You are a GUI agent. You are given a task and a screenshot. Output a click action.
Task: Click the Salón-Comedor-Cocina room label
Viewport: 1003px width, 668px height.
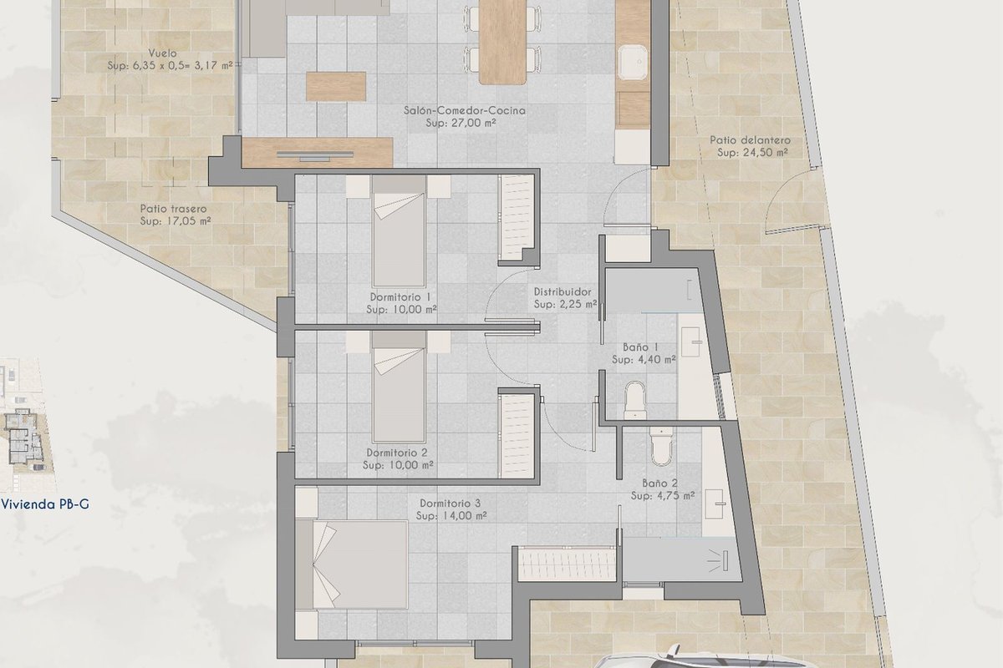(x=465, y=110)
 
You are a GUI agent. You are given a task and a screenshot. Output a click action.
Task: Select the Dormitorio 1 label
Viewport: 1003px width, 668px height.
(x=401, y=296)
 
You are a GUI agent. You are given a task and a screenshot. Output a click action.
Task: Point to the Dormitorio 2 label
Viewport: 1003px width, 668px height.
(x=398, y=453)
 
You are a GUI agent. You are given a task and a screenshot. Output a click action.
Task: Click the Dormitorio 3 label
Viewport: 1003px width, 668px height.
(x=451, y=504)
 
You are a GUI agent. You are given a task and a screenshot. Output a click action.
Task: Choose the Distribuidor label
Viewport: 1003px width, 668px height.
(x=563, y=291)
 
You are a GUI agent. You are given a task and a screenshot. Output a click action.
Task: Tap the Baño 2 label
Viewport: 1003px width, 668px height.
(x=660, y=483)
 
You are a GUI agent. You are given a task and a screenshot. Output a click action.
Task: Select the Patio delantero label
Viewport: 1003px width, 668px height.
(x=751, y=140)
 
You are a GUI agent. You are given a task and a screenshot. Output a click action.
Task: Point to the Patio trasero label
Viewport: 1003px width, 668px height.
(x=173, y=209)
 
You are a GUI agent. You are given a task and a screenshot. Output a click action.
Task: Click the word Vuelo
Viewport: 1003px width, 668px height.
(x=162, y=53)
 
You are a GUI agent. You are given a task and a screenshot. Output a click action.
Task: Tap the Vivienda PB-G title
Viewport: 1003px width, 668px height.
(x=45, y=504)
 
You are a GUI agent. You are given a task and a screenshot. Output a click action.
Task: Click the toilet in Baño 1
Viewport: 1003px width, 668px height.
(x=634, y=399)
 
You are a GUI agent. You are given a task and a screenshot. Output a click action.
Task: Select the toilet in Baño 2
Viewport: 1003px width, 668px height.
(x=661, y=446)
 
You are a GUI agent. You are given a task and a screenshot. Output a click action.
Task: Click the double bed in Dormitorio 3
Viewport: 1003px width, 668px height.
(x=352, y=564)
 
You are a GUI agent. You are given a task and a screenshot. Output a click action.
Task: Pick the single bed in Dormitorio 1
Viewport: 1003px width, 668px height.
(x=399, y=230)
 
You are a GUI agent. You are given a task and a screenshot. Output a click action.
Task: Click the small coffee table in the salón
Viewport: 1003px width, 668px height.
(x=336, y=86)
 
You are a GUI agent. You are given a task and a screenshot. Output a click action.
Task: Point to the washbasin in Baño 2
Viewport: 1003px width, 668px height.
(x=715, y=504)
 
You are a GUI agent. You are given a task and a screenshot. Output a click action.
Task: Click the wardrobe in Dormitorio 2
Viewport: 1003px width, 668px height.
(x=517, y=436)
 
